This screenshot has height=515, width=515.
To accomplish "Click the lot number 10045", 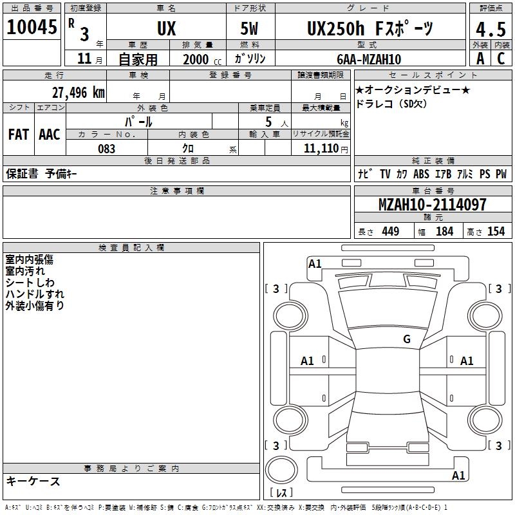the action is click(x=32, y=27).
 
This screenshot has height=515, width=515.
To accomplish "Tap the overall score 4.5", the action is click(x=491, y=29).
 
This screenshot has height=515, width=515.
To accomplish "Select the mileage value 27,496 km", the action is click(x=79, y=93).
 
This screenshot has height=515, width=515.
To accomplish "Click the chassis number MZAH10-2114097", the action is click(x=432, y=205).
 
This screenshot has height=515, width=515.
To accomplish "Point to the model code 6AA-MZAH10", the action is click(x=369, y=59).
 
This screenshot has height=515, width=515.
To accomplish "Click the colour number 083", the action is click(x=106, y=149).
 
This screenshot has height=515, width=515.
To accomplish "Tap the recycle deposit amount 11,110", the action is click(x=321, y=149).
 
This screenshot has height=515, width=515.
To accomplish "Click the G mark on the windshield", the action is click(x=407, y=339).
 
